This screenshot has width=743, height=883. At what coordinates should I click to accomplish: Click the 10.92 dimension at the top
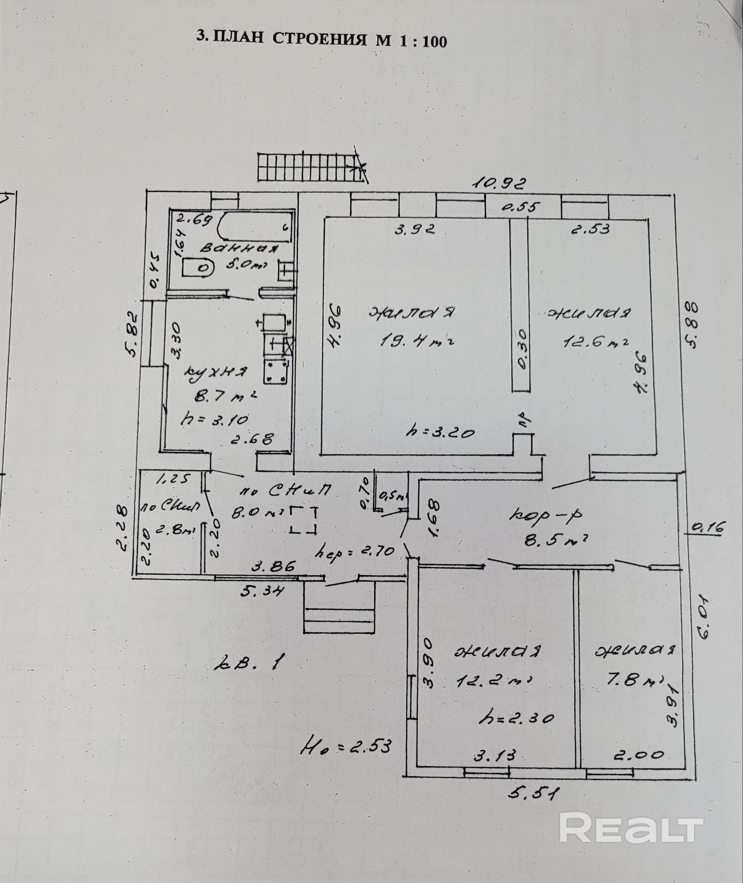(x=499, y=184)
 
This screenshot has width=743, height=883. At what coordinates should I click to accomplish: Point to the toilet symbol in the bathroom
(x=199, y=267)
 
